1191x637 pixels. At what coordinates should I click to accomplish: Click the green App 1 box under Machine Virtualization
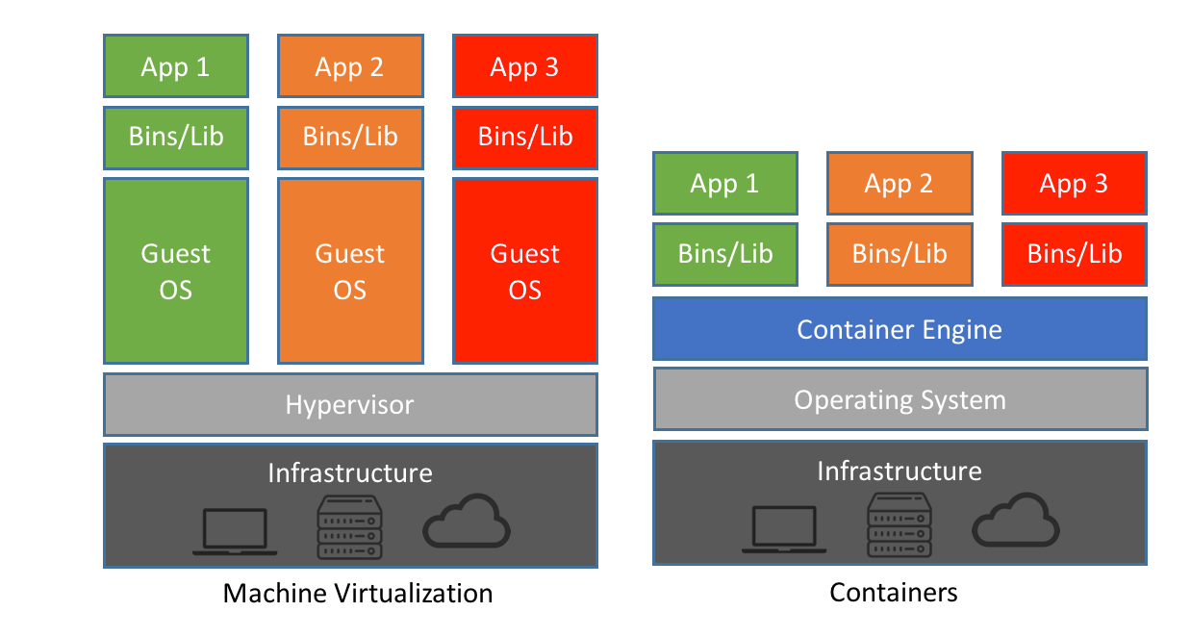coord(175,66)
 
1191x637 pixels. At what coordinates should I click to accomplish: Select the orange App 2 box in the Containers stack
coord(899,183)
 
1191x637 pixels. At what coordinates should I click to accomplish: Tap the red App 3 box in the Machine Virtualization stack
coord(525,66)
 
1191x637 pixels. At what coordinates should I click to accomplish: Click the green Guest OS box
coord(175,270)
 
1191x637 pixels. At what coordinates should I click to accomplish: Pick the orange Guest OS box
coord(350,270)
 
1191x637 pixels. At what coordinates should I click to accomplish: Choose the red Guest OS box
coord(525,270)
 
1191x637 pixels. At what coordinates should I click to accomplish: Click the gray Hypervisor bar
coord(350,404)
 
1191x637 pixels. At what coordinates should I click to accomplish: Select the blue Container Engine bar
coord(900,329)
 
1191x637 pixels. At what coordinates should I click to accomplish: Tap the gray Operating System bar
coord(900,399)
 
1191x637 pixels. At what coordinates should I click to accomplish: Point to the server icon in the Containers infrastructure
coord(900,524)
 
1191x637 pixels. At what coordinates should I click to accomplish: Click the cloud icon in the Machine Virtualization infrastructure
coord(467,522)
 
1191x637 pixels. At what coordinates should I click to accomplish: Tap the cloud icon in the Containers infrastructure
coord(1016,522)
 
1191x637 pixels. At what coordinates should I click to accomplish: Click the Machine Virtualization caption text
coord(358,593)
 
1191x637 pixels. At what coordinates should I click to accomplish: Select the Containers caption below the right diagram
coord(894,592)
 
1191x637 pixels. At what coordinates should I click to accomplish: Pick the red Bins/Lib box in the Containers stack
coord(1074,254)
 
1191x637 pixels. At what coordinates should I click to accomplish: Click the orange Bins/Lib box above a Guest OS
coord(350,137)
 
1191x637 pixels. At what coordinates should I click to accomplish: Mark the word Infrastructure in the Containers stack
coord(900,471)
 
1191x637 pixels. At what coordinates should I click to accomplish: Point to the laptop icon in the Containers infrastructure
coord(784,530)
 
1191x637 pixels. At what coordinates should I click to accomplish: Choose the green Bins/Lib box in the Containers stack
coord(724,254)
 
